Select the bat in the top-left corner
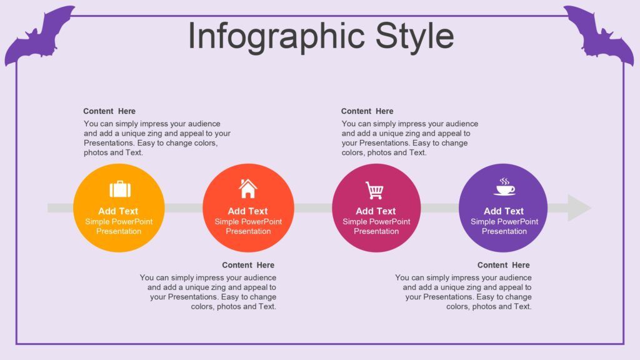coord(39,35)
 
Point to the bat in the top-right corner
coord(598,35)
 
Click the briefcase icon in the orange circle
coord(120,189)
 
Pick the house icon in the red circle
coord(247,189)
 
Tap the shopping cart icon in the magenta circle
coord(375,190)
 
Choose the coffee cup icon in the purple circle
coord(505,187)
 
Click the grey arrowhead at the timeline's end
coord(579,208)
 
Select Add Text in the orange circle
coord(118,211)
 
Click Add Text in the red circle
coord(247,211)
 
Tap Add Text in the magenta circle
coord(376,211)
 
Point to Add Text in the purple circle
coord(504,211)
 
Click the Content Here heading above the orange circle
coord(109,111)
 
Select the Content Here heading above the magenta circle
coord(367,111)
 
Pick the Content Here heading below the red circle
coord(248,265)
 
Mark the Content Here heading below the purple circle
coord(504,265)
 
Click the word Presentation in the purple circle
coord(504,231)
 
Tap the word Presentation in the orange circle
coord(119,231)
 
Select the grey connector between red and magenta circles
coord(313,208)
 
